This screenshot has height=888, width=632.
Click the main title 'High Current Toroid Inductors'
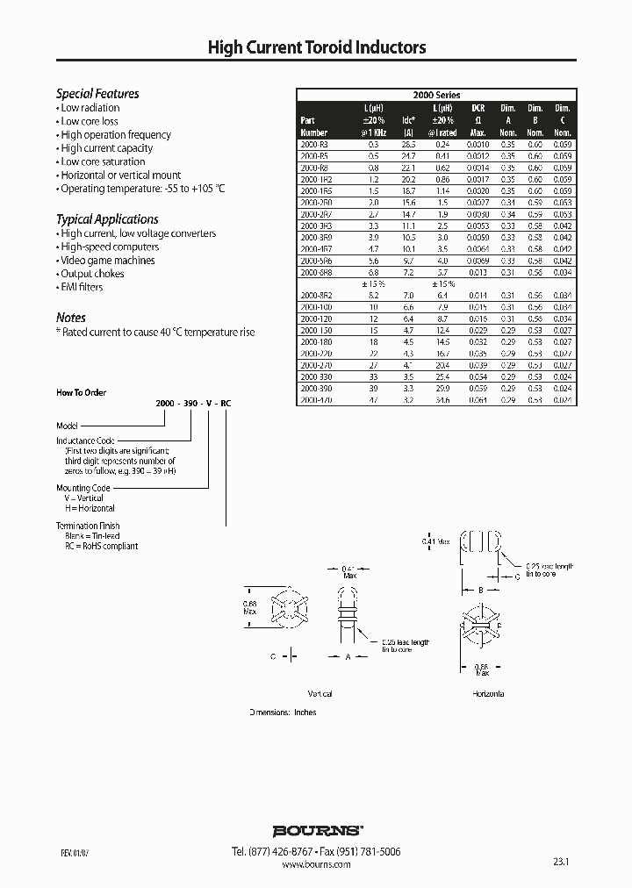[x=316, y=49]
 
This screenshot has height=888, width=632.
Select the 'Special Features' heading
[x=97, y=94]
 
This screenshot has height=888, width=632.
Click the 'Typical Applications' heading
[x=107, y=219]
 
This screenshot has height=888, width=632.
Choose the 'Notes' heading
[x=71, y=318]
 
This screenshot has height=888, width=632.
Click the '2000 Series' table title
[x=436, y=95]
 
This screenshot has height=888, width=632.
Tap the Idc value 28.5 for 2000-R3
[x=407, y=143]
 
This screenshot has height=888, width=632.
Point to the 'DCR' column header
[x=478, y=107]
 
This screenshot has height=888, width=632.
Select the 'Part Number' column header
[x=313, y=126]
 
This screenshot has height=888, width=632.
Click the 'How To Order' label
[x=82, y=393]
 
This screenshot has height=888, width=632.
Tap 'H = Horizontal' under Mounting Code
[x=90, y=508]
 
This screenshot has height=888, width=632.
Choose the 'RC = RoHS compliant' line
[x=101, y=546]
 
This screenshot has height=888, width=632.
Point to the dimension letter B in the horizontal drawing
[x=480, y=591]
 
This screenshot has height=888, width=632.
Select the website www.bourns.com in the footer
[x=317, y=864]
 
